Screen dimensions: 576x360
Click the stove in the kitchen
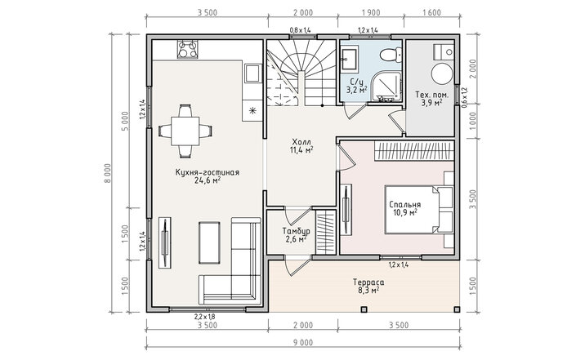(188, 50)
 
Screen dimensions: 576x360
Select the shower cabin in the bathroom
(386, 87)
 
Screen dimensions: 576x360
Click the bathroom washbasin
(349, 59)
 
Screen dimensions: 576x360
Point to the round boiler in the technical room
(441, 73)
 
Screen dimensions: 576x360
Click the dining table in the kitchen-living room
(185, 131)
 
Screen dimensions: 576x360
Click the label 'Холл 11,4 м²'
(301, 145)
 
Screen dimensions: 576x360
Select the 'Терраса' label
(368, 282)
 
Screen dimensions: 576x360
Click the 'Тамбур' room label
(296, 231)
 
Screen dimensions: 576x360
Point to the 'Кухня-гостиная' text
(208, 172)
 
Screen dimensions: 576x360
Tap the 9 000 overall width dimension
(303, 343)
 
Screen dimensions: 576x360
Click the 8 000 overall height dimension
(107, 173)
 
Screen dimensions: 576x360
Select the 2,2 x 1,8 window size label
(204, 317)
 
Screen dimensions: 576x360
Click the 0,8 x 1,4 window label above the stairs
(300, 30)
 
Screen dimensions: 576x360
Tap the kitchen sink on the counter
(252, 73)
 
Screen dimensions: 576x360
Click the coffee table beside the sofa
(210, 242)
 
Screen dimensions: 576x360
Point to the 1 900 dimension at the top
(371, 13)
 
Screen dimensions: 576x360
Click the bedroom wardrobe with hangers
(414, 151)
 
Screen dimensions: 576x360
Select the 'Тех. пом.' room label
(431, 95)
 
